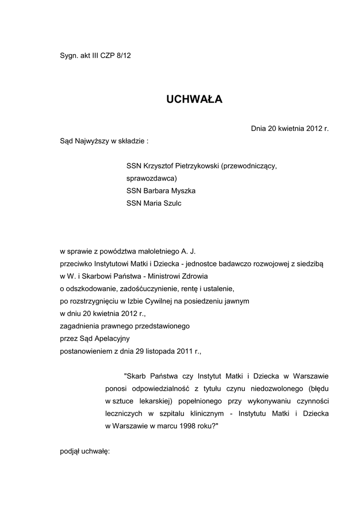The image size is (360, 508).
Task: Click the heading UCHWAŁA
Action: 194,100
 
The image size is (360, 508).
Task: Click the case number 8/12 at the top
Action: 123,56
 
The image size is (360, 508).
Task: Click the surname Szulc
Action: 172,203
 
